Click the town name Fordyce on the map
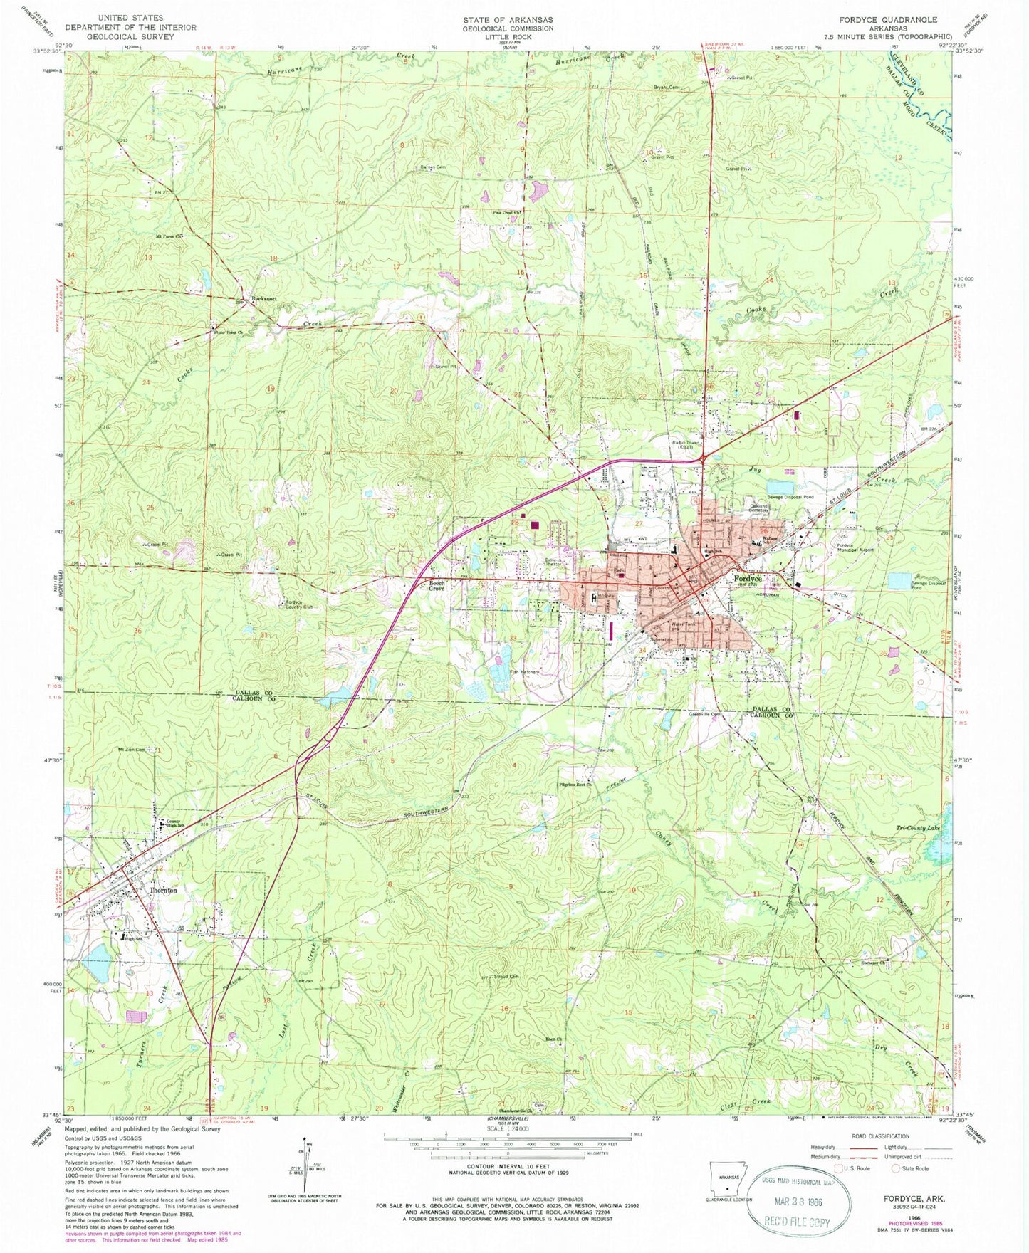pos(748,580)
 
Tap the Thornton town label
pos(162,891)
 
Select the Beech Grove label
pos(436,585)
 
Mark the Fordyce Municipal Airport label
pos(853,548)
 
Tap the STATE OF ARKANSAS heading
pos(507,20)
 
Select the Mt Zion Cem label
pos(132,750)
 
